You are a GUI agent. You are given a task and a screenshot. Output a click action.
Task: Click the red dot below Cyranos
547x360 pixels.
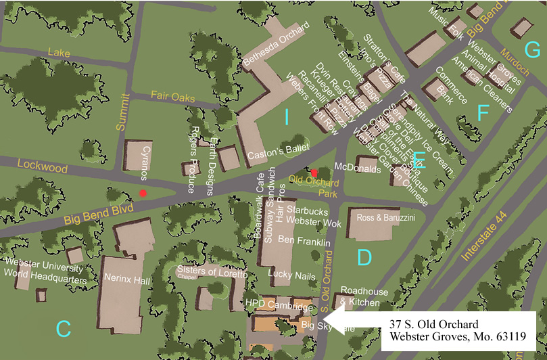(143, 194)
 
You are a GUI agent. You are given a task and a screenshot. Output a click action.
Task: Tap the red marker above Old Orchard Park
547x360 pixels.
(314, 172)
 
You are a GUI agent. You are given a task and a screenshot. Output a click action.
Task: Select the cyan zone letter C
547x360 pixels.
(63, 329)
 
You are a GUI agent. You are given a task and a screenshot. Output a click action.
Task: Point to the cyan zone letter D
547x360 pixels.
(364, 258)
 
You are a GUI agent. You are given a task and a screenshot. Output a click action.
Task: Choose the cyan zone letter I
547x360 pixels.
(286, 118)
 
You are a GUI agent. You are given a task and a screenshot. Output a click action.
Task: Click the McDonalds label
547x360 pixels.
(358, 168)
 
